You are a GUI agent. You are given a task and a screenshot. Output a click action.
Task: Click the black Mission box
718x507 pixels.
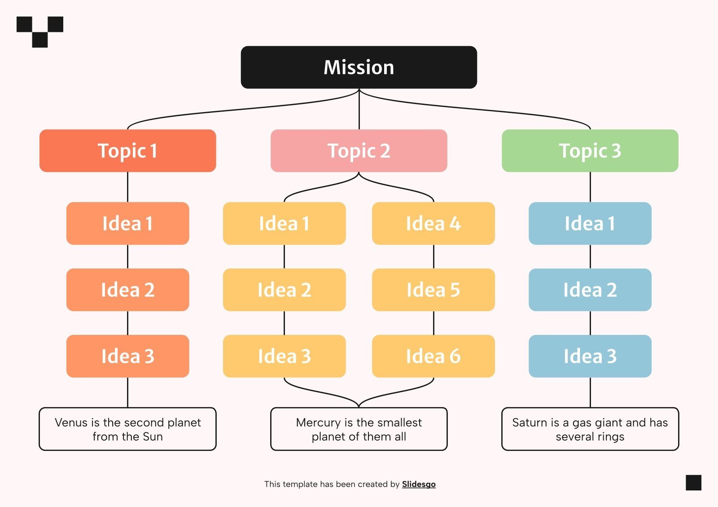[x=359, y=67]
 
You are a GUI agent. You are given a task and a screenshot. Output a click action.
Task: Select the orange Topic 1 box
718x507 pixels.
[x=127, y=151]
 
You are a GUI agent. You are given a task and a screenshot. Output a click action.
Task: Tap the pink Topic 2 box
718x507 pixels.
[x=359, y=151]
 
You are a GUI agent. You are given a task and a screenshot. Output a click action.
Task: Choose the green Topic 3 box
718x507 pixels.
[x=590, y=151]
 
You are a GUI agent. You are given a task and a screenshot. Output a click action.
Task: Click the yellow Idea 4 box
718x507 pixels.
[x=433, y=223]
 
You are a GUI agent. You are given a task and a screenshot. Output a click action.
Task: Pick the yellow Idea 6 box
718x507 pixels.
[x=433, y=356]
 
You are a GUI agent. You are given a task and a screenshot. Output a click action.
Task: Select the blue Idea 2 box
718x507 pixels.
[x=590, y=290]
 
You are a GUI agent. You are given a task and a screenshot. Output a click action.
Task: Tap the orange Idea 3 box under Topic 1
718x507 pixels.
[x=127, y=356]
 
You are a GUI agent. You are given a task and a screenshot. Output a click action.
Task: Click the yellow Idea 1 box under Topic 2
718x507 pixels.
[x=284, y=223]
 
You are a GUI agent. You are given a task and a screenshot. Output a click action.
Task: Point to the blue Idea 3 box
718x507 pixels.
[x=590, y=356]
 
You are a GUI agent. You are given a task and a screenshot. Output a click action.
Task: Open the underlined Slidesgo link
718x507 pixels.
[x=418, y=484]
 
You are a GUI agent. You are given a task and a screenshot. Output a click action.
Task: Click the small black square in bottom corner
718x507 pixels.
[x=693, y=483]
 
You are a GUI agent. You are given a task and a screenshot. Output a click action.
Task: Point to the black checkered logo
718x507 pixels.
[x=40, y=31]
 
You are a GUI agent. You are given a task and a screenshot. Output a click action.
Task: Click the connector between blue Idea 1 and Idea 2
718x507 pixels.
[x=590, y=256]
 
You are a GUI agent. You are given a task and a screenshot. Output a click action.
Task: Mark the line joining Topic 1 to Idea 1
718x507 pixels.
[x=128, y=187]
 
